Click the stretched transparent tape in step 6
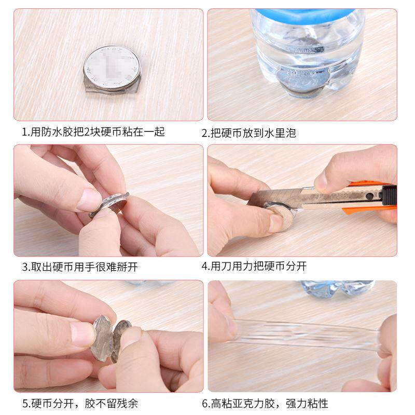(x=306, y=332)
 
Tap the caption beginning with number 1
(x=93, y=132)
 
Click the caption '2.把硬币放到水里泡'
(x=249, y=133)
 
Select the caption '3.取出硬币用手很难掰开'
(x=80, y=267)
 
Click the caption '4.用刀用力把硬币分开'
(x=254, y=267)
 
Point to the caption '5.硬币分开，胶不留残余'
(x=80, y=403)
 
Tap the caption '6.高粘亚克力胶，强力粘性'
(x=265, y=403)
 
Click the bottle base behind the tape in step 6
(x=337, y=288)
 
